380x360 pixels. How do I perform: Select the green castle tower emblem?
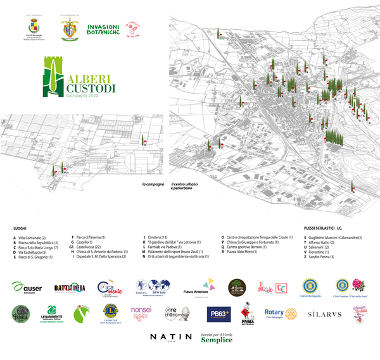pyautogui.click(x=55, y=79)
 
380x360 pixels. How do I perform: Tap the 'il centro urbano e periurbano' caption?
pyautogui.click(x=184, y=186)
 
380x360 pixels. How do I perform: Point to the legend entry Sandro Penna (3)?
pyautogui.click(x=321, y=258)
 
